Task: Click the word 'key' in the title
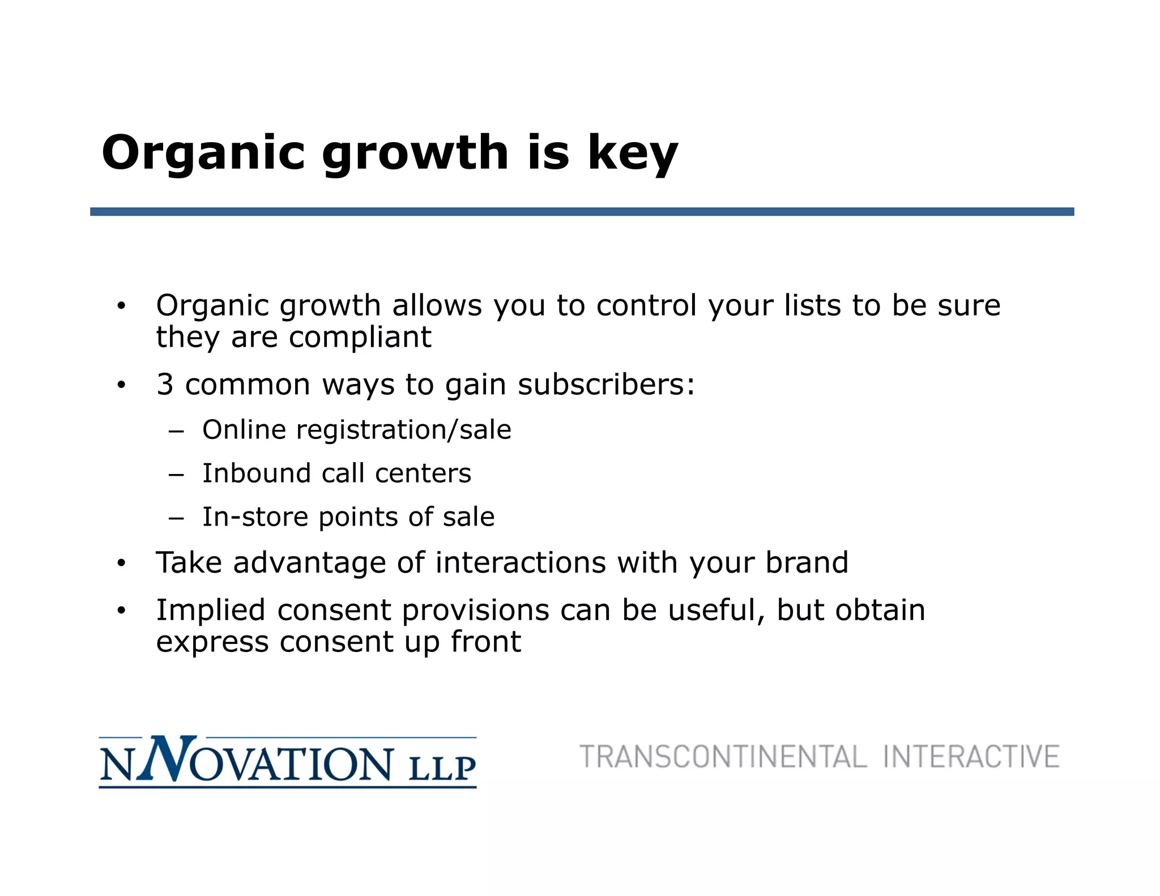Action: [x=633, y=153]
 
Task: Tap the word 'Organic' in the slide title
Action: [x=203, y=153]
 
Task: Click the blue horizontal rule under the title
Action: [x=582, y=211]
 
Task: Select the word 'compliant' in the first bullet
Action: [x=360, y=338]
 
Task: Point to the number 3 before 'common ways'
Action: [x=165, y=385]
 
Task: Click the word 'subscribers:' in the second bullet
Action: [x=606, y=385]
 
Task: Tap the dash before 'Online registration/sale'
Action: [x=176, y=431]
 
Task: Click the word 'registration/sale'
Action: [x=403, y=430]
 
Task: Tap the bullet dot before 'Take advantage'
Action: [x=121, y=564]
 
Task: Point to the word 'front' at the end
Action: [x=485, y=642]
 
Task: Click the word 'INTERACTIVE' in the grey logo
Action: [x=971, y=757]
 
